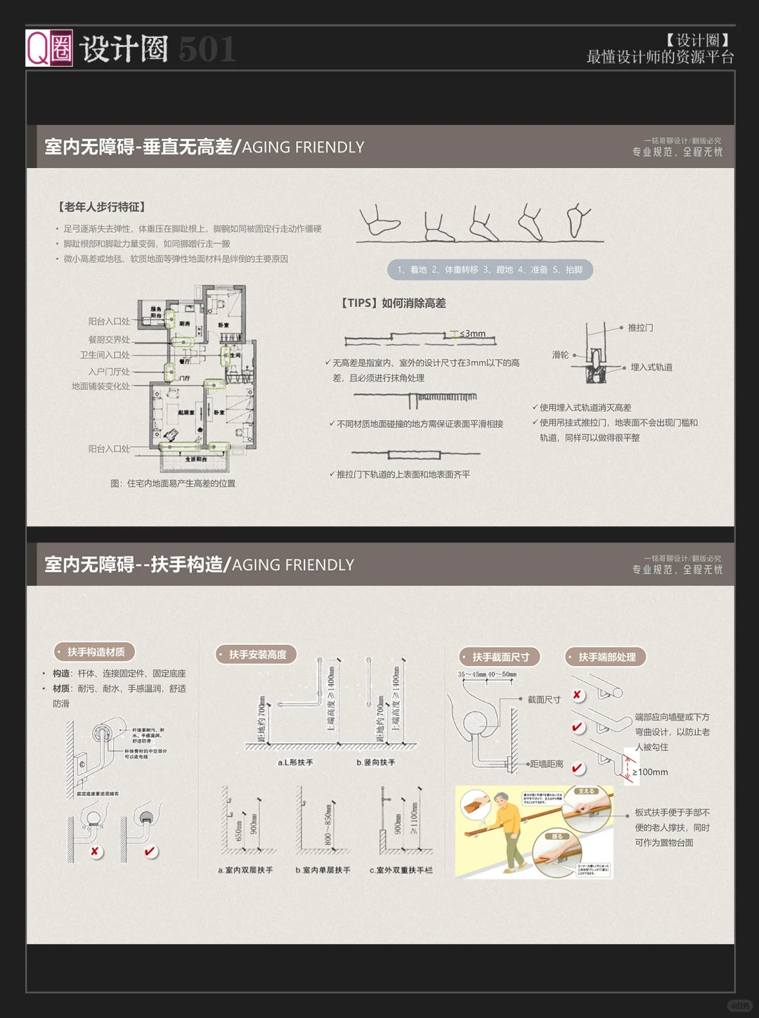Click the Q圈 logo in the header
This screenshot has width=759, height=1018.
[49, 48]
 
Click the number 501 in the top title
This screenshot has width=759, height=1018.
[207, 50]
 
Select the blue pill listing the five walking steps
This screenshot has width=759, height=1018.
[490, 270]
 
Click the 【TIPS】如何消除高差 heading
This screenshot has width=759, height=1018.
[394, 303]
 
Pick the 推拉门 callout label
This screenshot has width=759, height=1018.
[640, 327]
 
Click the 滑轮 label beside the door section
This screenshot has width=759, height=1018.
[560, 355]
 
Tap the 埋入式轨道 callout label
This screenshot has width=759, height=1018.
[651, 367]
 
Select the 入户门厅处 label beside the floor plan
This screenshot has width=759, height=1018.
[109, 371]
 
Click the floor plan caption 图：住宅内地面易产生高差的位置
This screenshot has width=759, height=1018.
[173, 483]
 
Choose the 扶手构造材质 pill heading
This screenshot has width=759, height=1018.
[95, 652]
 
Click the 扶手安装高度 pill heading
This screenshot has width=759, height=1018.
[257, 654]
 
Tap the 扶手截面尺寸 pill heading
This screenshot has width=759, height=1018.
[500, 657]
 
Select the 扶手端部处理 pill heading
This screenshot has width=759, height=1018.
[606, 657]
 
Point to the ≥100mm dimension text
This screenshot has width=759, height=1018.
[649, 772]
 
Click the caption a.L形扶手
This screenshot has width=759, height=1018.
[295, 762]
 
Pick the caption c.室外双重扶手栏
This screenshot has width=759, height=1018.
[401, 870]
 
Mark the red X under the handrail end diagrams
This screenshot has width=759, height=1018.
[577, 695]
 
